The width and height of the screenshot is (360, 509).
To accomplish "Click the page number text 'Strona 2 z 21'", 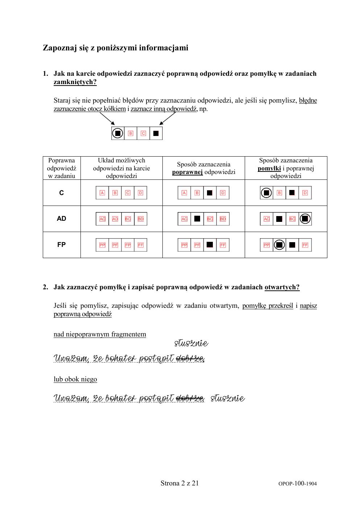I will tap(179, 483).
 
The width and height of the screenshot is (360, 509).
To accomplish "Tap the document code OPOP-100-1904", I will tap(297, 484).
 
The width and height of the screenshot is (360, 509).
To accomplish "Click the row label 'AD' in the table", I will tap(61, 219).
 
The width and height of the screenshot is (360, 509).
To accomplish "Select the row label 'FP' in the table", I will tap(61, 245).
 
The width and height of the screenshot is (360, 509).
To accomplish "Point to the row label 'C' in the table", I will tap(61, 193).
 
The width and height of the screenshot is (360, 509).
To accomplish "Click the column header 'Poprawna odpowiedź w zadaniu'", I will tap(61, 168).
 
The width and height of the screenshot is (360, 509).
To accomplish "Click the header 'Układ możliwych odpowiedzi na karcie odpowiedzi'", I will tap(121, 168).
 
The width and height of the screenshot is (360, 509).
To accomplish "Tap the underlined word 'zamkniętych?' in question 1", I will tap(75, 82).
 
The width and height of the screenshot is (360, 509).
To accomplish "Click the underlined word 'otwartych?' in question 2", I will tap(282, 287).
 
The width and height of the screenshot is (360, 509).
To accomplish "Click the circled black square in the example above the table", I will tap(117, 133).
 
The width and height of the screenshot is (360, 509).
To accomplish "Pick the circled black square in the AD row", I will tap(305, 219).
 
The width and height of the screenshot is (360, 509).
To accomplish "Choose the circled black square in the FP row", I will tap(279, 245).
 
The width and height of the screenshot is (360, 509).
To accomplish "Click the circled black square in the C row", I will tap(266, 193).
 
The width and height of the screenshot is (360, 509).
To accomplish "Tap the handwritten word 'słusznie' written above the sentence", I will tap(191, 343).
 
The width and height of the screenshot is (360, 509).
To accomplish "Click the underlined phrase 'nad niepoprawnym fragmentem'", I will tap(100, 334).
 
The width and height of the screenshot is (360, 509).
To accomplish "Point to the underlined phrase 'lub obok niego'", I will tap(75, 379).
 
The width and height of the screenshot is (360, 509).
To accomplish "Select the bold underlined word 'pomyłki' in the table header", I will tap(269, 168).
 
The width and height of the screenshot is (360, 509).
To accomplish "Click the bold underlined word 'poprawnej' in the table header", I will tap(187, 172).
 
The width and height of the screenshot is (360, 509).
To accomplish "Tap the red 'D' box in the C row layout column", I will tap(140, 193).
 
